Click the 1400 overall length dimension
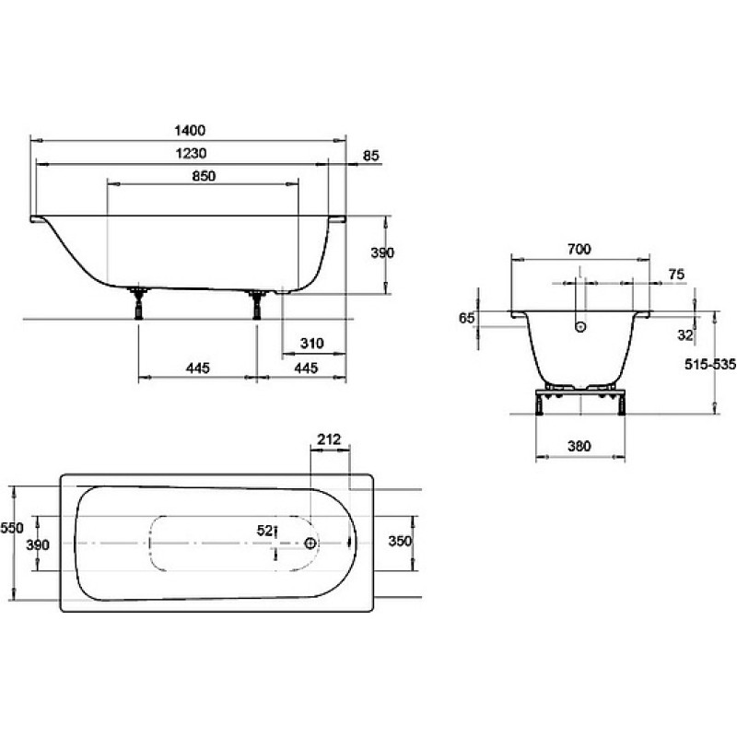tap(190, 130)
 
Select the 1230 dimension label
tap(191, 153)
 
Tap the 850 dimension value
tap(204, 176)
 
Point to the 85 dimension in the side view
tap(371, 156)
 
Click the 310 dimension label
tap(311, 344)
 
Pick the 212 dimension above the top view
tap(329, 439)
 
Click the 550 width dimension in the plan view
tap(12, 528)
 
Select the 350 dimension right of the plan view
tap(400, 541)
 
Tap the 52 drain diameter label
tap(264, 531)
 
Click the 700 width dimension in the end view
tap(579, 249)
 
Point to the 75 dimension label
tap(676, 274)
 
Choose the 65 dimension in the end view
tap(466, 318)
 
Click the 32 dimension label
tap(685, 335)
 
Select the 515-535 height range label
tap(709, 364)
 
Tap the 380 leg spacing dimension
tap(579, 446)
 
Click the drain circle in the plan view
tap(310, 544)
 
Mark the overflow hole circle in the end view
tap(580, 327)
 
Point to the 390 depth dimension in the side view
tap(382, 252)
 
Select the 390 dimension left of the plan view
tap(38, 544)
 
